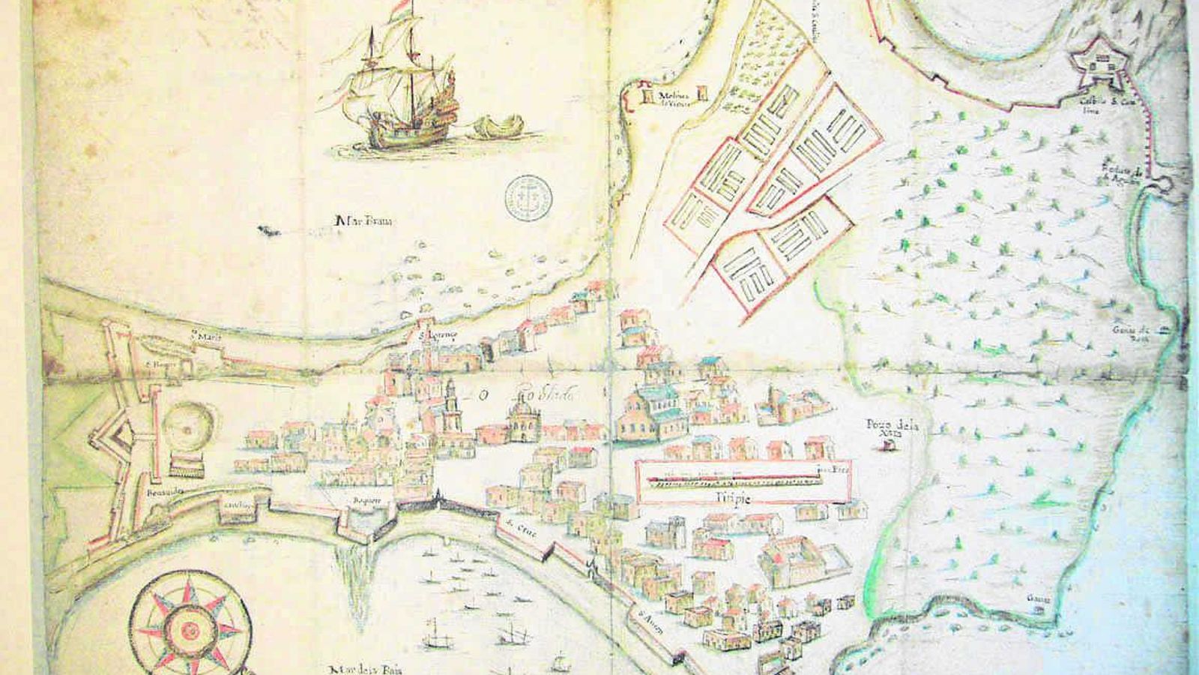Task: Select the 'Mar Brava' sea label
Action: pos(366,221)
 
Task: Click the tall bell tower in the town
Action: pos(450,409)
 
